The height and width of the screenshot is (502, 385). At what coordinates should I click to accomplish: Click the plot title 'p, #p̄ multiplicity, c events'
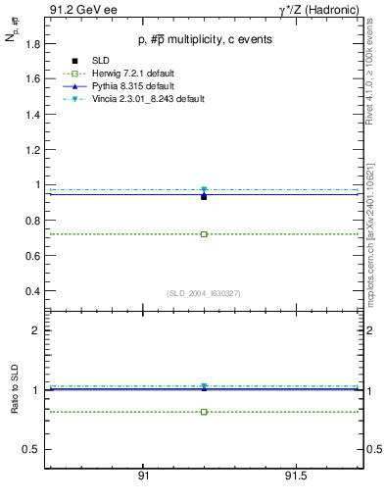tap(204, 40)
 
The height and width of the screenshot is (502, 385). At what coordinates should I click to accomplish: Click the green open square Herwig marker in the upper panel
tap(204, 234)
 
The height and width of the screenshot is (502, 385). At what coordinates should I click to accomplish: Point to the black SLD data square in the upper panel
tap(204, 197)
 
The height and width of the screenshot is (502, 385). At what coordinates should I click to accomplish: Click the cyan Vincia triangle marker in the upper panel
tap(204, 190)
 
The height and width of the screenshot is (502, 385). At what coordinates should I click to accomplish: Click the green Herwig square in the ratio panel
tap(204, 412)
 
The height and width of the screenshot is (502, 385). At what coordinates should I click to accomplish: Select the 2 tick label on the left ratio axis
tap(35, 331)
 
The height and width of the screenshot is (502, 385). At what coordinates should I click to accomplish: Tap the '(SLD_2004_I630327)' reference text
tap(204, 292)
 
